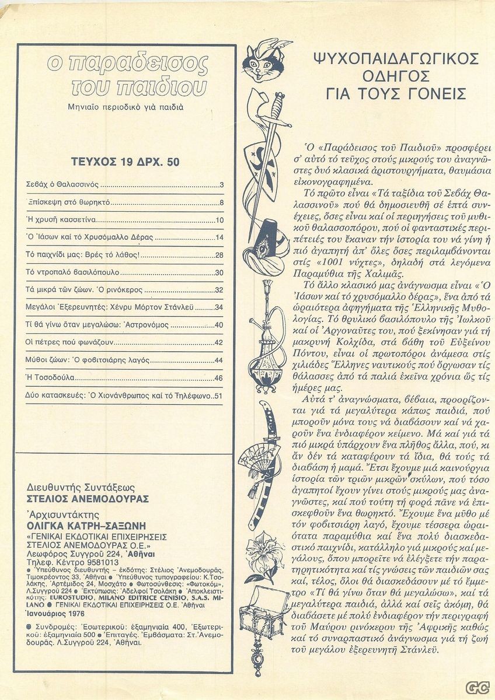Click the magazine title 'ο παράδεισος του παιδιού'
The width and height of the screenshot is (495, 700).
127,76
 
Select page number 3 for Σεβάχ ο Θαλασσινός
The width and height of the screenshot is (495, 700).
222,185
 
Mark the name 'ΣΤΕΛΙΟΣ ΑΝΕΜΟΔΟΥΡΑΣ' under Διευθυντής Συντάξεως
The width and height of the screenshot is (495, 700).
88,499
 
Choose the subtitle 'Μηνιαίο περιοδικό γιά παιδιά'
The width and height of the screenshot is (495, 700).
126,107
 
